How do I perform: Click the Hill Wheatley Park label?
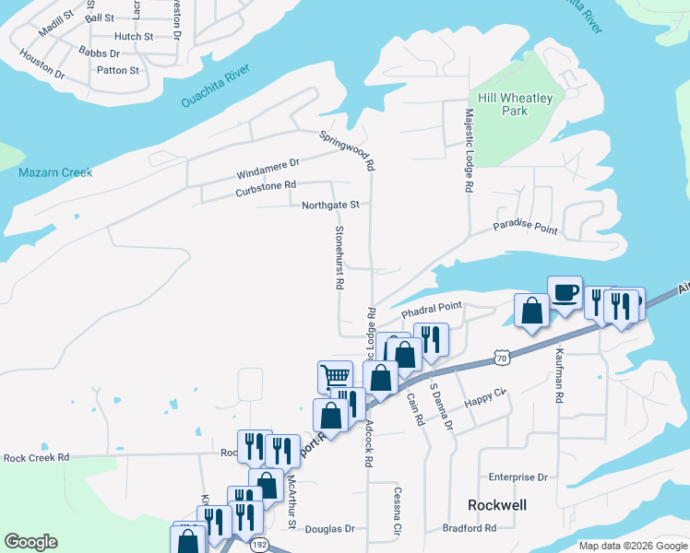[x=515, y=104]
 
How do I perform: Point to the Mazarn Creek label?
[x=55, y=172]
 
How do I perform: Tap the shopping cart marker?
[x=335, y=375]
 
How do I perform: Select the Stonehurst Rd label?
[x=339, y=259]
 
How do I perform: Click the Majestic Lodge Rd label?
[x=469, y=149]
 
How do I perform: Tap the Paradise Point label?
[x=525, y=226]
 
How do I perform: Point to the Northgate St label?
[x=329, y=205]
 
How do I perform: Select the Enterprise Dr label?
[x=517, y=477]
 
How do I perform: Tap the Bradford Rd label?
[x=469, y=528]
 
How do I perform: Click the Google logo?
[x=30, y=542]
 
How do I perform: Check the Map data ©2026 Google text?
[x=632, y=546]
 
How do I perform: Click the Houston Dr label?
[x=41, y=66]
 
